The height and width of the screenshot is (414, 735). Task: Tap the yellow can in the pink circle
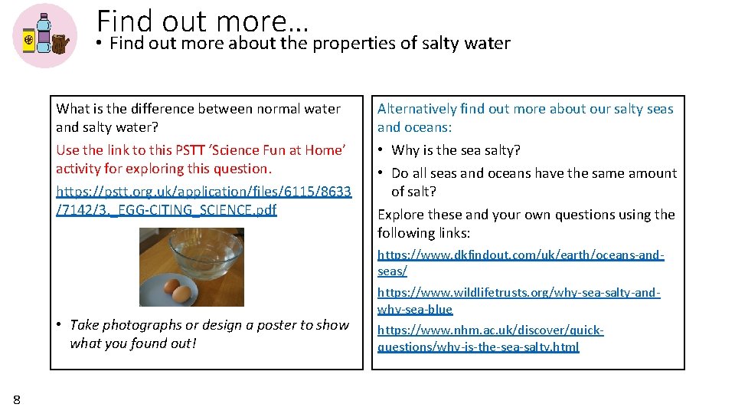(x=28, y=41)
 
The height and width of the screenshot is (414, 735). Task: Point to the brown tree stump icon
(x=60, y=44)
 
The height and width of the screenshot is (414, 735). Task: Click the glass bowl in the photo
(x=206, y=254)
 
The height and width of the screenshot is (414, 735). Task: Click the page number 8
(x=17, y=399)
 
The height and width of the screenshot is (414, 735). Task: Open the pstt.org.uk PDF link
(x=204, y=200)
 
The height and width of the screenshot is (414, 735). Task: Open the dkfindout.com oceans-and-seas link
(x=521, y=262)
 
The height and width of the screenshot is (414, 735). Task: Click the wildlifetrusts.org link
(x=518, y=301)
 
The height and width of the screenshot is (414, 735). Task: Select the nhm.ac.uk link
(x=490, y=338)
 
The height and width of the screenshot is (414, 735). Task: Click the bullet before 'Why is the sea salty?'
(x=381, y=150)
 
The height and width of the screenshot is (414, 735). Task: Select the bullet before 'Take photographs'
(x=59, y=325)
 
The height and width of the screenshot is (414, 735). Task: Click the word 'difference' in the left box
(x=173, y=109)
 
